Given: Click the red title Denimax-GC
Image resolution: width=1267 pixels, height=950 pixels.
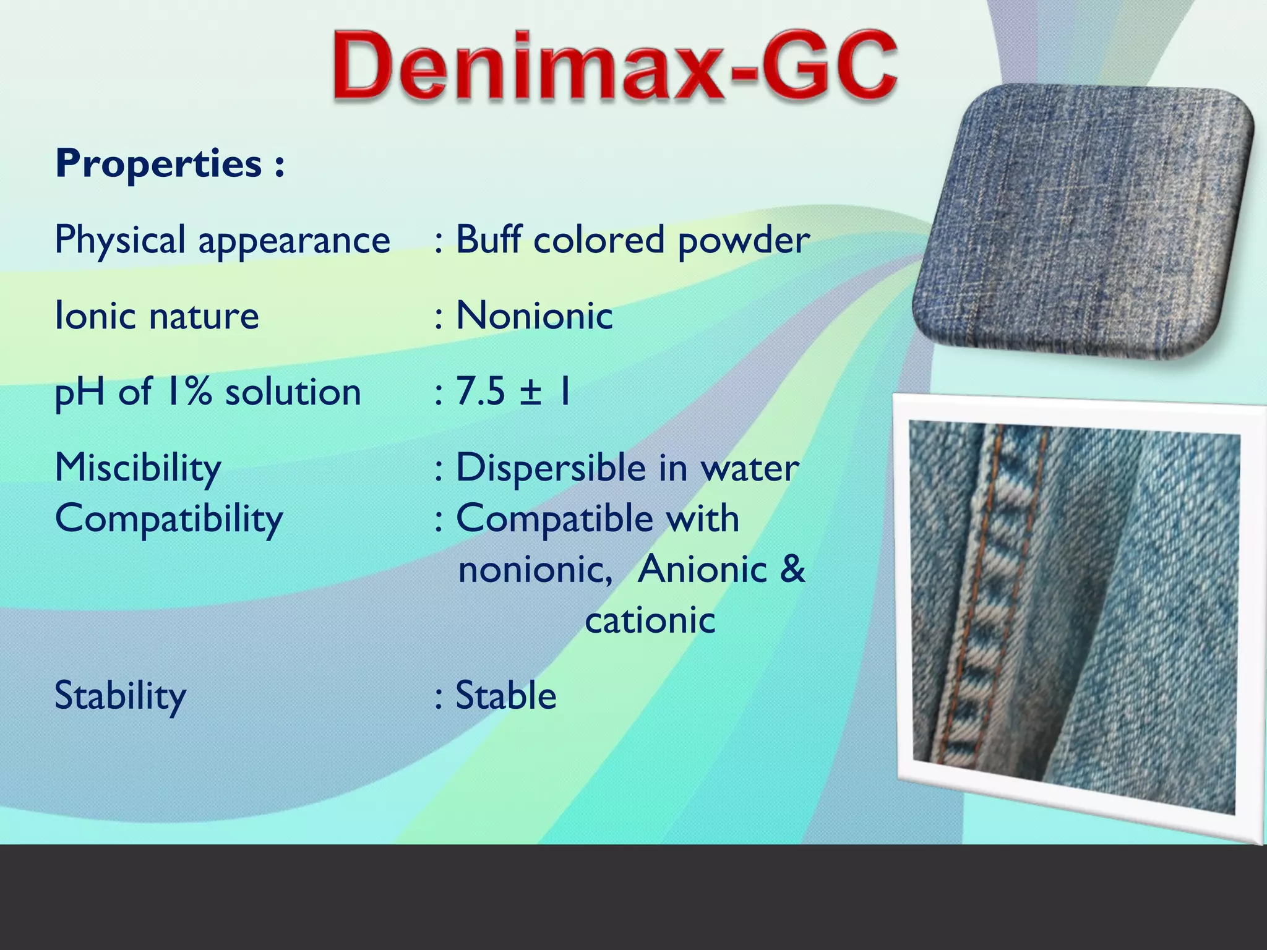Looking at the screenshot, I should click(614, 66).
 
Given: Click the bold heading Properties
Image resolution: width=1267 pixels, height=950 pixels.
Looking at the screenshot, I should click(170, 164).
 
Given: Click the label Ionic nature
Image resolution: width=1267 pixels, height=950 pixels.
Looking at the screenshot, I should click(157, 315).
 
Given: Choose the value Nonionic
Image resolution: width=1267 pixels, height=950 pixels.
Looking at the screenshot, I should click(534, 315).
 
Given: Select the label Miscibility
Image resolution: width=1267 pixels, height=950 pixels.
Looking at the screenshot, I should click(138, 468).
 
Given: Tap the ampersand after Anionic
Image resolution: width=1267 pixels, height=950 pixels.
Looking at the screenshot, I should click(792, 569).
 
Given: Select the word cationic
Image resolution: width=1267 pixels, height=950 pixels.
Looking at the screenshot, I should click(650, 620).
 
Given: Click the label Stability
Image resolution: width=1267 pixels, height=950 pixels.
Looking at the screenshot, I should click(120, 696).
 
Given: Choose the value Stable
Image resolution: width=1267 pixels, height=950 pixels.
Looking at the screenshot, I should click(506, 696).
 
